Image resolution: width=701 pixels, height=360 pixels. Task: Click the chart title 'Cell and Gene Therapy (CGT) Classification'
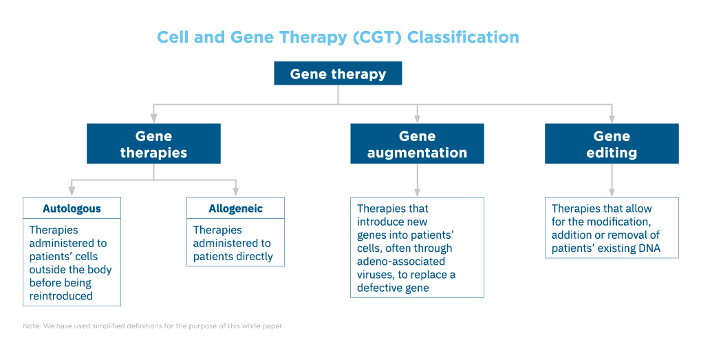(x=338, y=36)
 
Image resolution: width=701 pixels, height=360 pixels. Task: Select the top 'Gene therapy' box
(x=338, y=74)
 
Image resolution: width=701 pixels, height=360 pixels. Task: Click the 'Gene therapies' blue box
(x=153, y=144)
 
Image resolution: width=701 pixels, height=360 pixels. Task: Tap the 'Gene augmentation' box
(x=417, y=144)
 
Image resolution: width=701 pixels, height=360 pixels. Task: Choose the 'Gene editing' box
(x=612, y=144)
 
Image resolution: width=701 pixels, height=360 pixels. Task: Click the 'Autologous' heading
(x=72, y=209)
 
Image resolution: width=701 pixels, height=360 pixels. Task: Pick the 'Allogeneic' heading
(x=235, y=209)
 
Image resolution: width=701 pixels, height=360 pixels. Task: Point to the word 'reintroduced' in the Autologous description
(x=61, y=296)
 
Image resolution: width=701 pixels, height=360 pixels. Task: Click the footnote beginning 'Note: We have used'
(x=153, y=326)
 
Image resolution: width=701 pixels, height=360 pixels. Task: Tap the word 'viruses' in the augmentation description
(x=375, y=275)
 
